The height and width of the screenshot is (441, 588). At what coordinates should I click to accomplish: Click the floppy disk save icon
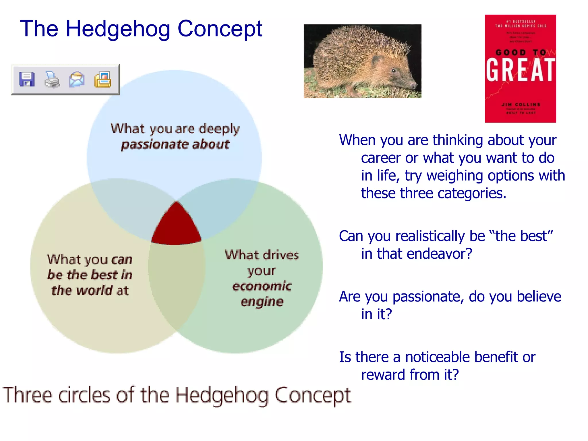click(x=27, y=80)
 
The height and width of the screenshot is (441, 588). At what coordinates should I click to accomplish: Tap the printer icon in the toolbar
click(x=52, y=80)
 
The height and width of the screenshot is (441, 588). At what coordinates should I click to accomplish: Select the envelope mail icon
click(x=77, y=80)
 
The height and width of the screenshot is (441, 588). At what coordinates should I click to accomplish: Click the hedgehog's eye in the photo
click(x=393, y=70)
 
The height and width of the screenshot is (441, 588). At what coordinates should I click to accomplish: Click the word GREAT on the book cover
click(x=520, y=70)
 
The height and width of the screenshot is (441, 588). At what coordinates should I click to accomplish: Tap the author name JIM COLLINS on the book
click(x=521, y=105)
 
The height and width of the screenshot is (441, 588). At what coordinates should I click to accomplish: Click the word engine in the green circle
click(x=262, y=302)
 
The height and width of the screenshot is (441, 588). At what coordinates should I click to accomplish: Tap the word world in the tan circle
click(x=94, y=290)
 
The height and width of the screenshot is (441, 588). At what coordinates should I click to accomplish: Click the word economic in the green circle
click(x=262, y=286)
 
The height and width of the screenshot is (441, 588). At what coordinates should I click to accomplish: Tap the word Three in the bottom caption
click(x=28, y=395)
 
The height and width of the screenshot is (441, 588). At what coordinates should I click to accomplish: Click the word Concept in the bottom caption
click(x=313, y=396)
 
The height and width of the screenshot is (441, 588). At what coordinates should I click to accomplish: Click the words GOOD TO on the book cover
click(x=521, y=53)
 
